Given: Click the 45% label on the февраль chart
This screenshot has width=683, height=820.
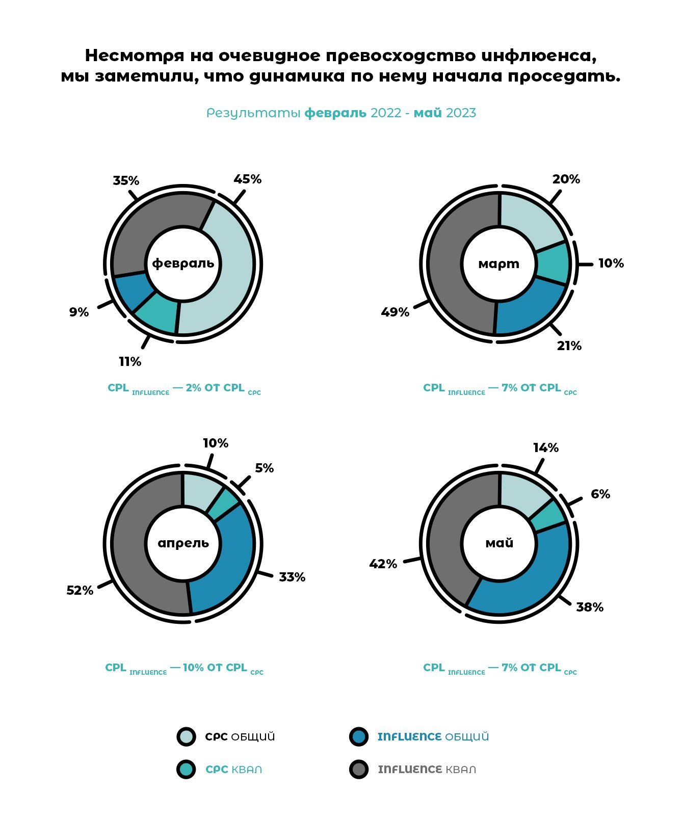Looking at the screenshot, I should [247, 179].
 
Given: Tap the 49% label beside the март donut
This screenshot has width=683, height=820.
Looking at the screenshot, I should [395, 312].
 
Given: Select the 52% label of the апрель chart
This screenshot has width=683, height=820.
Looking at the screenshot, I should [80, 590].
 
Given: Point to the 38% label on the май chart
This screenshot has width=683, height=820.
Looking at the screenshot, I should [590, 607].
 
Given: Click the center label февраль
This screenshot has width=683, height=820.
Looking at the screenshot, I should [183, 263].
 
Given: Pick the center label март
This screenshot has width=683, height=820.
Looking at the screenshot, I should [499, 263].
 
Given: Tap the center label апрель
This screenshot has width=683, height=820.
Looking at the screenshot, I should [183, 543].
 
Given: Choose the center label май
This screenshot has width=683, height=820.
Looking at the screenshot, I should [499, 543].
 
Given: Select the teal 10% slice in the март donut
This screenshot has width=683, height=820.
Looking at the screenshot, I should [553, 263].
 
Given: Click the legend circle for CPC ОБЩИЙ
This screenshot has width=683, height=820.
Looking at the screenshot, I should [186, 736].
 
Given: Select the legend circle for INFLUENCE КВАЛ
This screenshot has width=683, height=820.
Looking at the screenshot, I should [359, 769].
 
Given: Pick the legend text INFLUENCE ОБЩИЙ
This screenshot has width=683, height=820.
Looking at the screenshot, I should [433, 737].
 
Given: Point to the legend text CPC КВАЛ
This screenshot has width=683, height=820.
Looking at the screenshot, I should [233, 770].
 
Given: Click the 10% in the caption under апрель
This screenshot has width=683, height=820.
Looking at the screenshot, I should [193, 668].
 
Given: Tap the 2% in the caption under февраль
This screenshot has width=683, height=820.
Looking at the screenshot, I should [193, 388].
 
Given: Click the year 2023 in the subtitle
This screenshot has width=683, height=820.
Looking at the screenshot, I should [461, 113].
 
